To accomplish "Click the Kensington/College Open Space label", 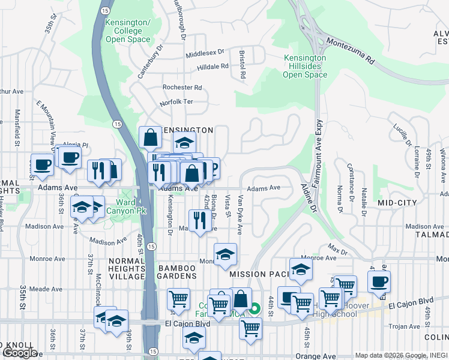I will pyautogui.click(x=127, y=30).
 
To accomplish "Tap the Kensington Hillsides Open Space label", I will pyautogui.click(x=305, y=67).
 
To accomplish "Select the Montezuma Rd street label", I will pyautogui.click(x=351, y=52).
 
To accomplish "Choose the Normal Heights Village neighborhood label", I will pyautogui.click(x=127, y=269).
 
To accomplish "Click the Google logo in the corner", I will pyautogui.click(x=20, y=353).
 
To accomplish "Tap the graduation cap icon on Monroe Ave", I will pyautogui.click(x=225, y=254).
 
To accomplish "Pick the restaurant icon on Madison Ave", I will pyautogui.click(x=199, y=221).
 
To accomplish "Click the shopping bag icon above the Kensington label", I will pyautogui.click(x=149, y=137).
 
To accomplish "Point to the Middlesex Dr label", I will pyautogui.click(x=204, y=53).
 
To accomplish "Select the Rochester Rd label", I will pyautogui.click(x=182, y=87).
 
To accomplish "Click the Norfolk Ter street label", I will pyautogui.click(x=176, y=102).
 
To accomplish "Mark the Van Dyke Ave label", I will pyautogui.click(x=240, y=214).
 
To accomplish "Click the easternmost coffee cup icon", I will pyautogui.click(x=378, y=282).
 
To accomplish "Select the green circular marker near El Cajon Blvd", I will pyautogui.click(x=255, y=310).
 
